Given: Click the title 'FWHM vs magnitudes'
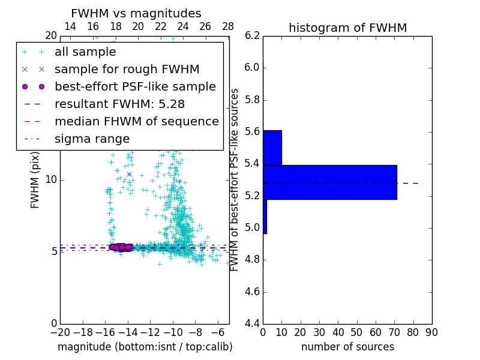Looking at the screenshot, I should [x=136, y=13].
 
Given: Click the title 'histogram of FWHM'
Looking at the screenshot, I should [x=347, y=28].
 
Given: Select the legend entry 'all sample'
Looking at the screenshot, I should [x=85, y=52].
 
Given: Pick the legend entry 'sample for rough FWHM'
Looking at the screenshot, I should [x=127, y=69].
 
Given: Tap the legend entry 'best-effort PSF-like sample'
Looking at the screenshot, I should [x=135, y=86].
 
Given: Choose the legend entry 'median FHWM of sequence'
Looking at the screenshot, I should [x=136, y=121].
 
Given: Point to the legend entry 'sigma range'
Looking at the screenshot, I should [x=92, y=139].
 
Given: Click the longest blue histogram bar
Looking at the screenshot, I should [x=329, y=182].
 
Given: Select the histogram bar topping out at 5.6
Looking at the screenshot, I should [x=272, y=148].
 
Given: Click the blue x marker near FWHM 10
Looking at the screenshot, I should [x=129, y=175].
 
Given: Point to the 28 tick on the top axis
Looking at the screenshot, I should [x=228, y=27].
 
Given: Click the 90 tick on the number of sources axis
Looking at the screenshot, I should [x=431, y=332].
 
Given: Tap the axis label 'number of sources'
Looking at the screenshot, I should [x=347, y=347].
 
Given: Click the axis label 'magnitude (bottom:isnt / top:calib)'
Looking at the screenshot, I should [x=145, y=347].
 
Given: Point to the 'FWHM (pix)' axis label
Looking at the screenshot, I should [x=35, y=179].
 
